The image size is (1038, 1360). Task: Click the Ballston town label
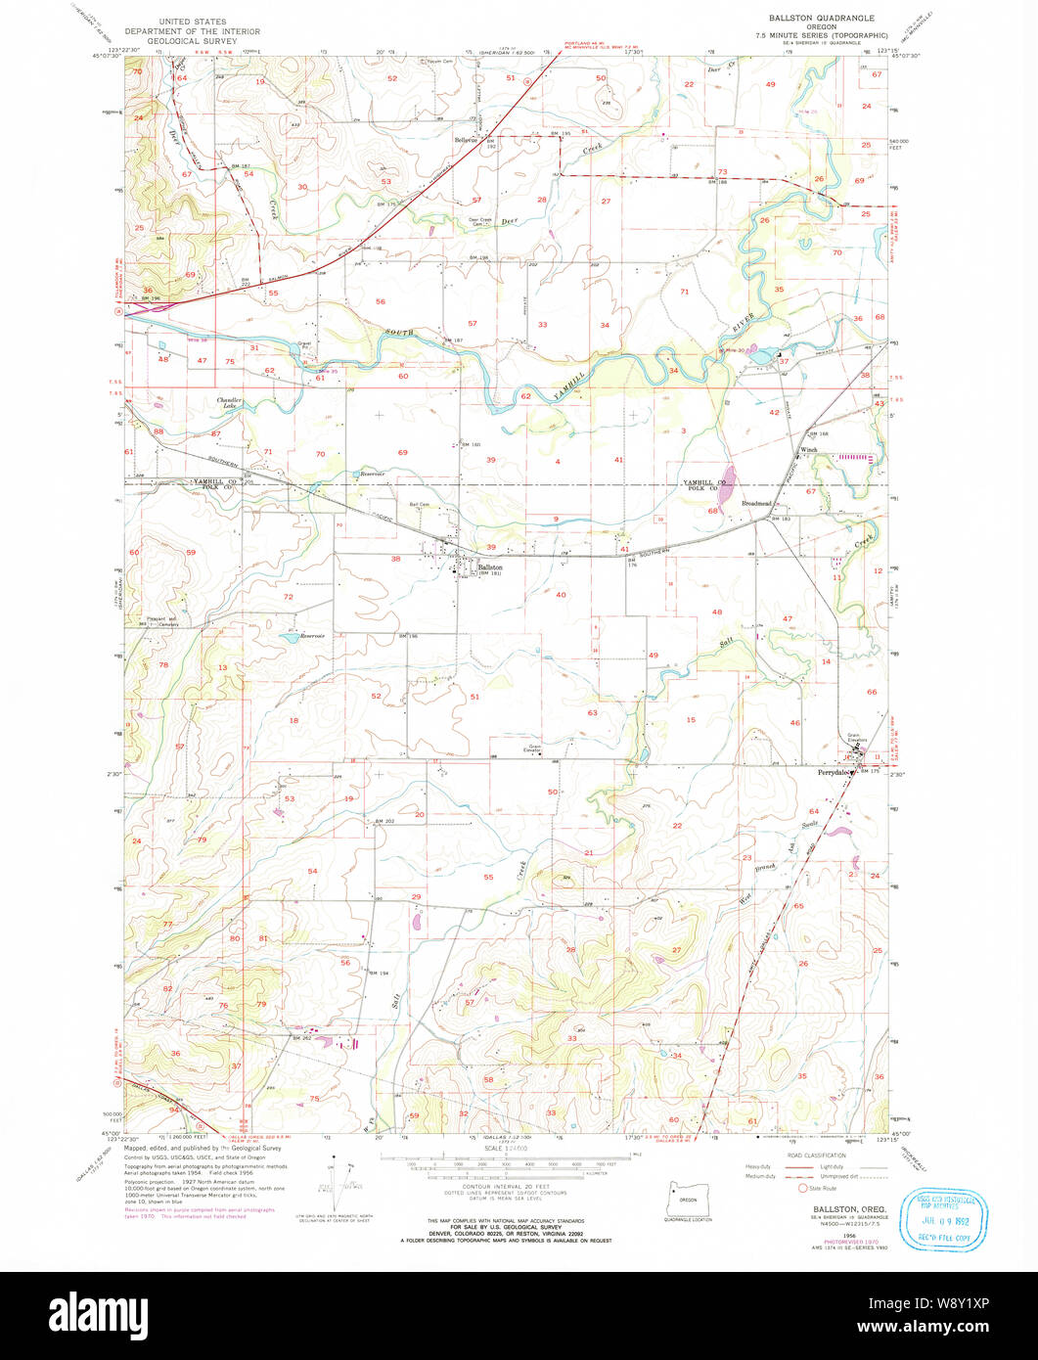coord(490,567)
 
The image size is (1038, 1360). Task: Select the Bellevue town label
coord(466,139)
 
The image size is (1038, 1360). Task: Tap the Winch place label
coord(809,450)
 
